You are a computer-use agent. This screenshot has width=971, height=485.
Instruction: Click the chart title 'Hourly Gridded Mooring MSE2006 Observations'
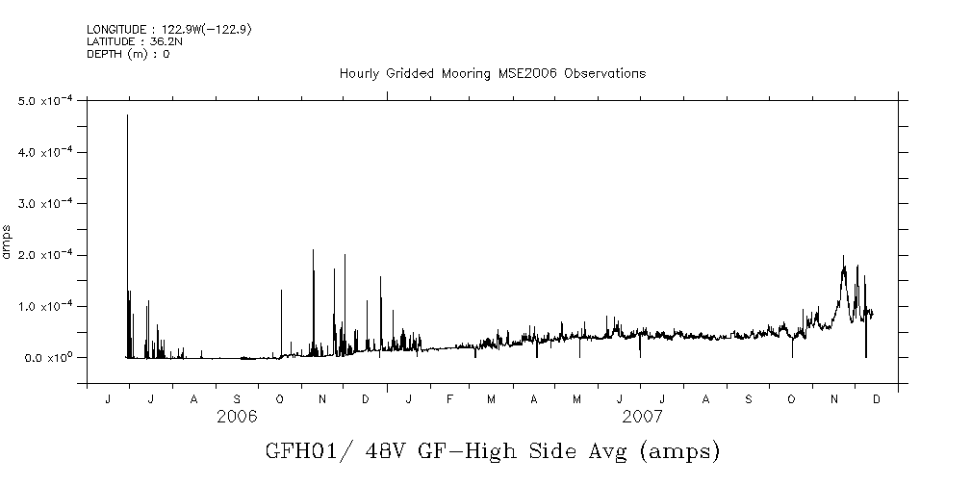(492, 74)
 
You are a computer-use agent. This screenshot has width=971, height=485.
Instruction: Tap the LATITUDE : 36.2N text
(128, 41)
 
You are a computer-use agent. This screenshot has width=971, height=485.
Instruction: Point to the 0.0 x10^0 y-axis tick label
(47, 358)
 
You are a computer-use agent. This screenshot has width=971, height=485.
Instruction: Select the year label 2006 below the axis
(237, 417)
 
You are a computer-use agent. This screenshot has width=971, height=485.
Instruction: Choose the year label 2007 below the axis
(642, 417)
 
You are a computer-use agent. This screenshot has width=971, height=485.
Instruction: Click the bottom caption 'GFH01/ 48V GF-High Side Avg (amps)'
(492, 451)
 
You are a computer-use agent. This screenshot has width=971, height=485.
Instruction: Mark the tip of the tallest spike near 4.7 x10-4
(127, 115)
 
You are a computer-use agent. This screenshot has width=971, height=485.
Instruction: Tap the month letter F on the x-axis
(449, 398)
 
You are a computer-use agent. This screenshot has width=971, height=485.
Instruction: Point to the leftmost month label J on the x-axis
(107, 398)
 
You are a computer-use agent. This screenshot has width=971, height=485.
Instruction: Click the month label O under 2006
(279, 398)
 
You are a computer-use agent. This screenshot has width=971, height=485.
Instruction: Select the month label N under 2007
(834, 398)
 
